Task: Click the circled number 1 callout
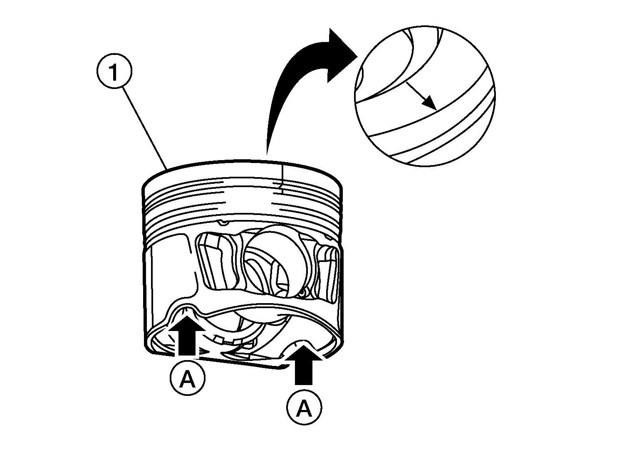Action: [114, 71]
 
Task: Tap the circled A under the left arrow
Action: [188, 378]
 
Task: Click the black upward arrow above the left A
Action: [186, 336]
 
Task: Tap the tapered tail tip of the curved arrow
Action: [267, 154]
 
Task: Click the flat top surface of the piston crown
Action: [243, 170]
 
